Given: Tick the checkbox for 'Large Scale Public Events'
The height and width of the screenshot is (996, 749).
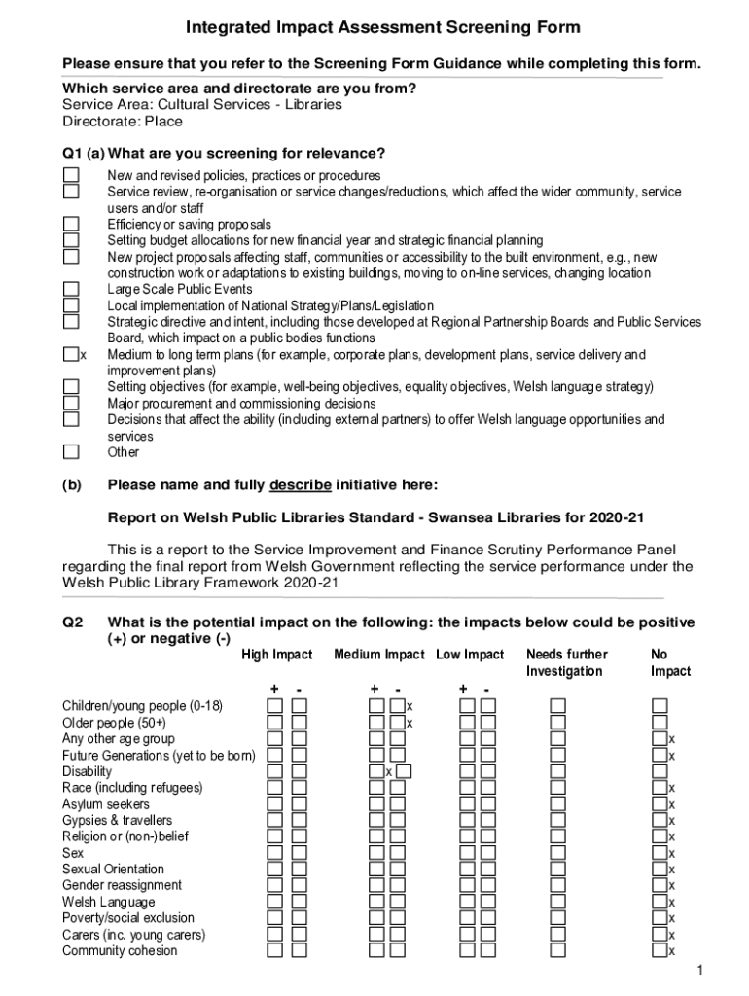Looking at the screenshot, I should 71,289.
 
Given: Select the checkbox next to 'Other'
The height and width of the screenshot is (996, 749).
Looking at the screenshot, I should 71,451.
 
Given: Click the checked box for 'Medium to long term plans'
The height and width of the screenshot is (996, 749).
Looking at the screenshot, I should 71,355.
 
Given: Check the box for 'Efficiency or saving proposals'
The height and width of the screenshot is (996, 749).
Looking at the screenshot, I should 71,224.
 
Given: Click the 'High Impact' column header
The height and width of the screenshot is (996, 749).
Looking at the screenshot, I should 277,655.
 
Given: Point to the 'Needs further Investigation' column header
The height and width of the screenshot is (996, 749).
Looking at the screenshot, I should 566,662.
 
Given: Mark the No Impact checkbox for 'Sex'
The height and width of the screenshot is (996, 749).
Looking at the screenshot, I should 660,852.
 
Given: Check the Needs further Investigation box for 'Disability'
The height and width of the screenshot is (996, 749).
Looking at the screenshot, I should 557,771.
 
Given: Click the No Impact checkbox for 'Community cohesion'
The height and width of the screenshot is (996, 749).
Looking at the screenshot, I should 660,950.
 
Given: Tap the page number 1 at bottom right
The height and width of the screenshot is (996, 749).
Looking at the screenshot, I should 698,972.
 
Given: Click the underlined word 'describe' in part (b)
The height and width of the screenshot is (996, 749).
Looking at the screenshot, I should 301,484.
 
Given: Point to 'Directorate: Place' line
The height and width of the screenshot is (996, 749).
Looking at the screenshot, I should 123,122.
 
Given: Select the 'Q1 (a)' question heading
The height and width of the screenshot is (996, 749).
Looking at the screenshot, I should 83,154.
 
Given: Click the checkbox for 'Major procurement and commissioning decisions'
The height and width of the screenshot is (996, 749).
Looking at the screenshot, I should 71,403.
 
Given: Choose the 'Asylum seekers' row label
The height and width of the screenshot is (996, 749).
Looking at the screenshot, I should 106,804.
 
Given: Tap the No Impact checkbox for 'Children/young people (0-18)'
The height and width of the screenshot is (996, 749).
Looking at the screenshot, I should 660,705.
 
